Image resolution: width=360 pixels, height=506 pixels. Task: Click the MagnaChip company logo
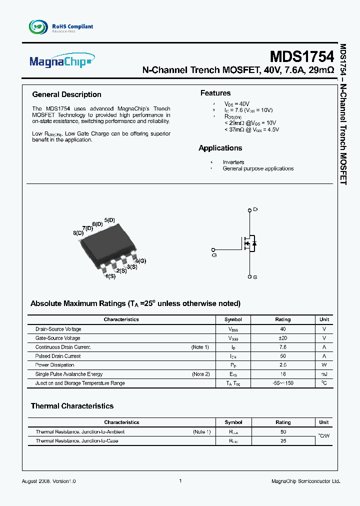(60, 62)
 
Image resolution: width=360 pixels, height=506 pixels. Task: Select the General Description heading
(66, 94)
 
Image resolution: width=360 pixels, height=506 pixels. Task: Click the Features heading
(215, 93)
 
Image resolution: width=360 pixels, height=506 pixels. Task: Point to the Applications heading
(220, 148)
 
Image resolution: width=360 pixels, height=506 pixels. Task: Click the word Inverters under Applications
(233, 162)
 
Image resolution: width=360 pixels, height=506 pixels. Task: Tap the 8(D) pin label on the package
(78, 233)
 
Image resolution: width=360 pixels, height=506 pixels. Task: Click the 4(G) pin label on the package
(140, 261)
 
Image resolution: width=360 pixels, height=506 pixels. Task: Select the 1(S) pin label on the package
(110, 276)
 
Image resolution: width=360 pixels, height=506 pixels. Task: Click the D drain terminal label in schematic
(255, 209)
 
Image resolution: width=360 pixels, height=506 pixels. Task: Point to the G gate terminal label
(214, 255)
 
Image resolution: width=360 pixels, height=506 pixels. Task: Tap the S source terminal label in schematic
(255, 276)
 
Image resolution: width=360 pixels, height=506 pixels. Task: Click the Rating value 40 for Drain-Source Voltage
(283, 329)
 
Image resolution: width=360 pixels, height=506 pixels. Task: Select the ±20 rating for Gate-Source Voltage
(283, 338)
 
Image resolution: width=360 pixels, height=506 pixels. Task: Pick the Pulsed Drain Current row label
(58, 356)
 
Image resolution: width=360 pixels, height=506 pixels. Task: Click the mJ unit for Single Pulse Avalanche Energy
(324, 374)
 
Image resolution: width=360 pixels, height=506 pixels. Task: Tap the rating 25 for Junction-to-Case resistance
(283, 441)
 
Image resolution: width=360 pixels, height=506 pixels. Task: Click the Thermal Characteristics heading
(72, 406)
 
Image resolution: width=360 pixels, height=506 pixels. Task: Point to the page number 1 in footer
(180, 480)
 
